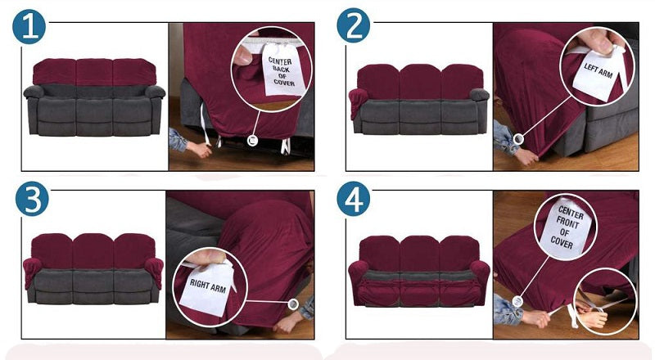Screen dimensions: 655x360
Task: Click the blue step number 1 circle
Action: pos(29,27)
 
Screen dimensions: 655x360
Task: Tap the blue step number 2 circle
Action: pos(354,26)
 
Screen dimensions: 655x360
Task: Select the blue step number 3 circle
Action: pos(32,199)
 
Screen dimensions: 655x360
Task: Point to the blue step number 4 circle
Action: pos(354,199)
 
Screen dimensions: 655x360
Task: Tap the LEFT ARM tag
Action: pos(598,74)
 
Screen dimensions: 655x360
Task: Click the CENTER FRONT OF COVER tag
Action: pos(566,228)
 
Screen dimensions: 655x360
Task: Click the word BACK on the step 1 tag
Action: pos(281,69)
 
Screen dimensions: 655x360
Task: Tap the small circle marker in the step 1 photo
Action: pos(251,141)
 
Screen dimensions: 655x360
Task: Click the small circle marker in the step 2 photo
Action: pos(518,138)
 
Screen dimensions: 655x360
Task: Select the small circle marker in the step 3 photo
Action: pos(293,304)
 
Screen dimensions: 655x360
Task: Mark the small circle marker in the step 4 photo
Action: pos(517,301)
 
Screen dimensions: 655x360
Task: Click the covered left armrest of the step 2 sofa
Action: pos(358,102)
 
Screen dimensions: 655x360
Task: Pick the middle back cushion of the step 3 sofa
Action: pos(93,250)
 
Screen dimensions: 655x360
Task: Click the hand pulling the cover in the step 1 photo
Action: pos(199,149)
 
